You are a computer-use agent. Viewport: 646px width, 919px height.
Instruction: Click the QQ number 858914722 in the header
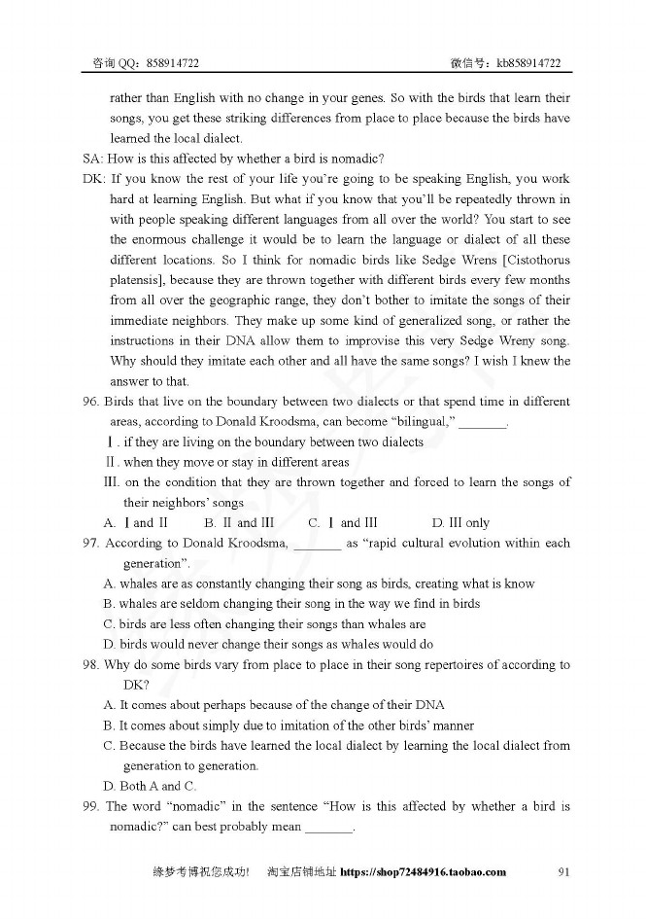tap(175, 63)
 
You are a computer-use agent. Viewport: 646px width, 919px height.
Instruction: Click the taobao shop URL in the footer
tap(424, 871)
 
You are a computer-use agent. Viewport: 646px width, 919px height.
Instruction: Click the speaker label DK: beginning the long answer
tap(94, 179)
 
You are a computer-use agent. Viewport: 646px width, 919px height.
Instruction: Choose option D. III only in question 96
tap(460, 523)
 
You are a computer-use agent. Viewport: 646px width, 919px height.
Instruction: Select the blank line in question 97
tap(317, 544)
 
